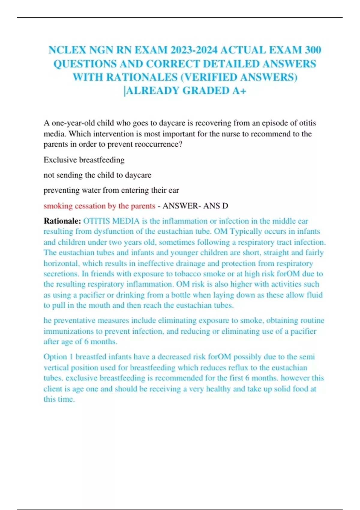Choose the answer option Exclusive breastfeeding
pos(84,160)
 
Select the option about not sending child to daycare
pos(97,175)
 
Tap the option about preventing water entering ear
pos(111,190)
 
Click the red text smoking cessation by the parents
pos(99,206)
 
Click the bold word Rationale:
pos(62,221)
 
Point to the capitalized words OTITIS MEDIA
pos(111,221)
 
